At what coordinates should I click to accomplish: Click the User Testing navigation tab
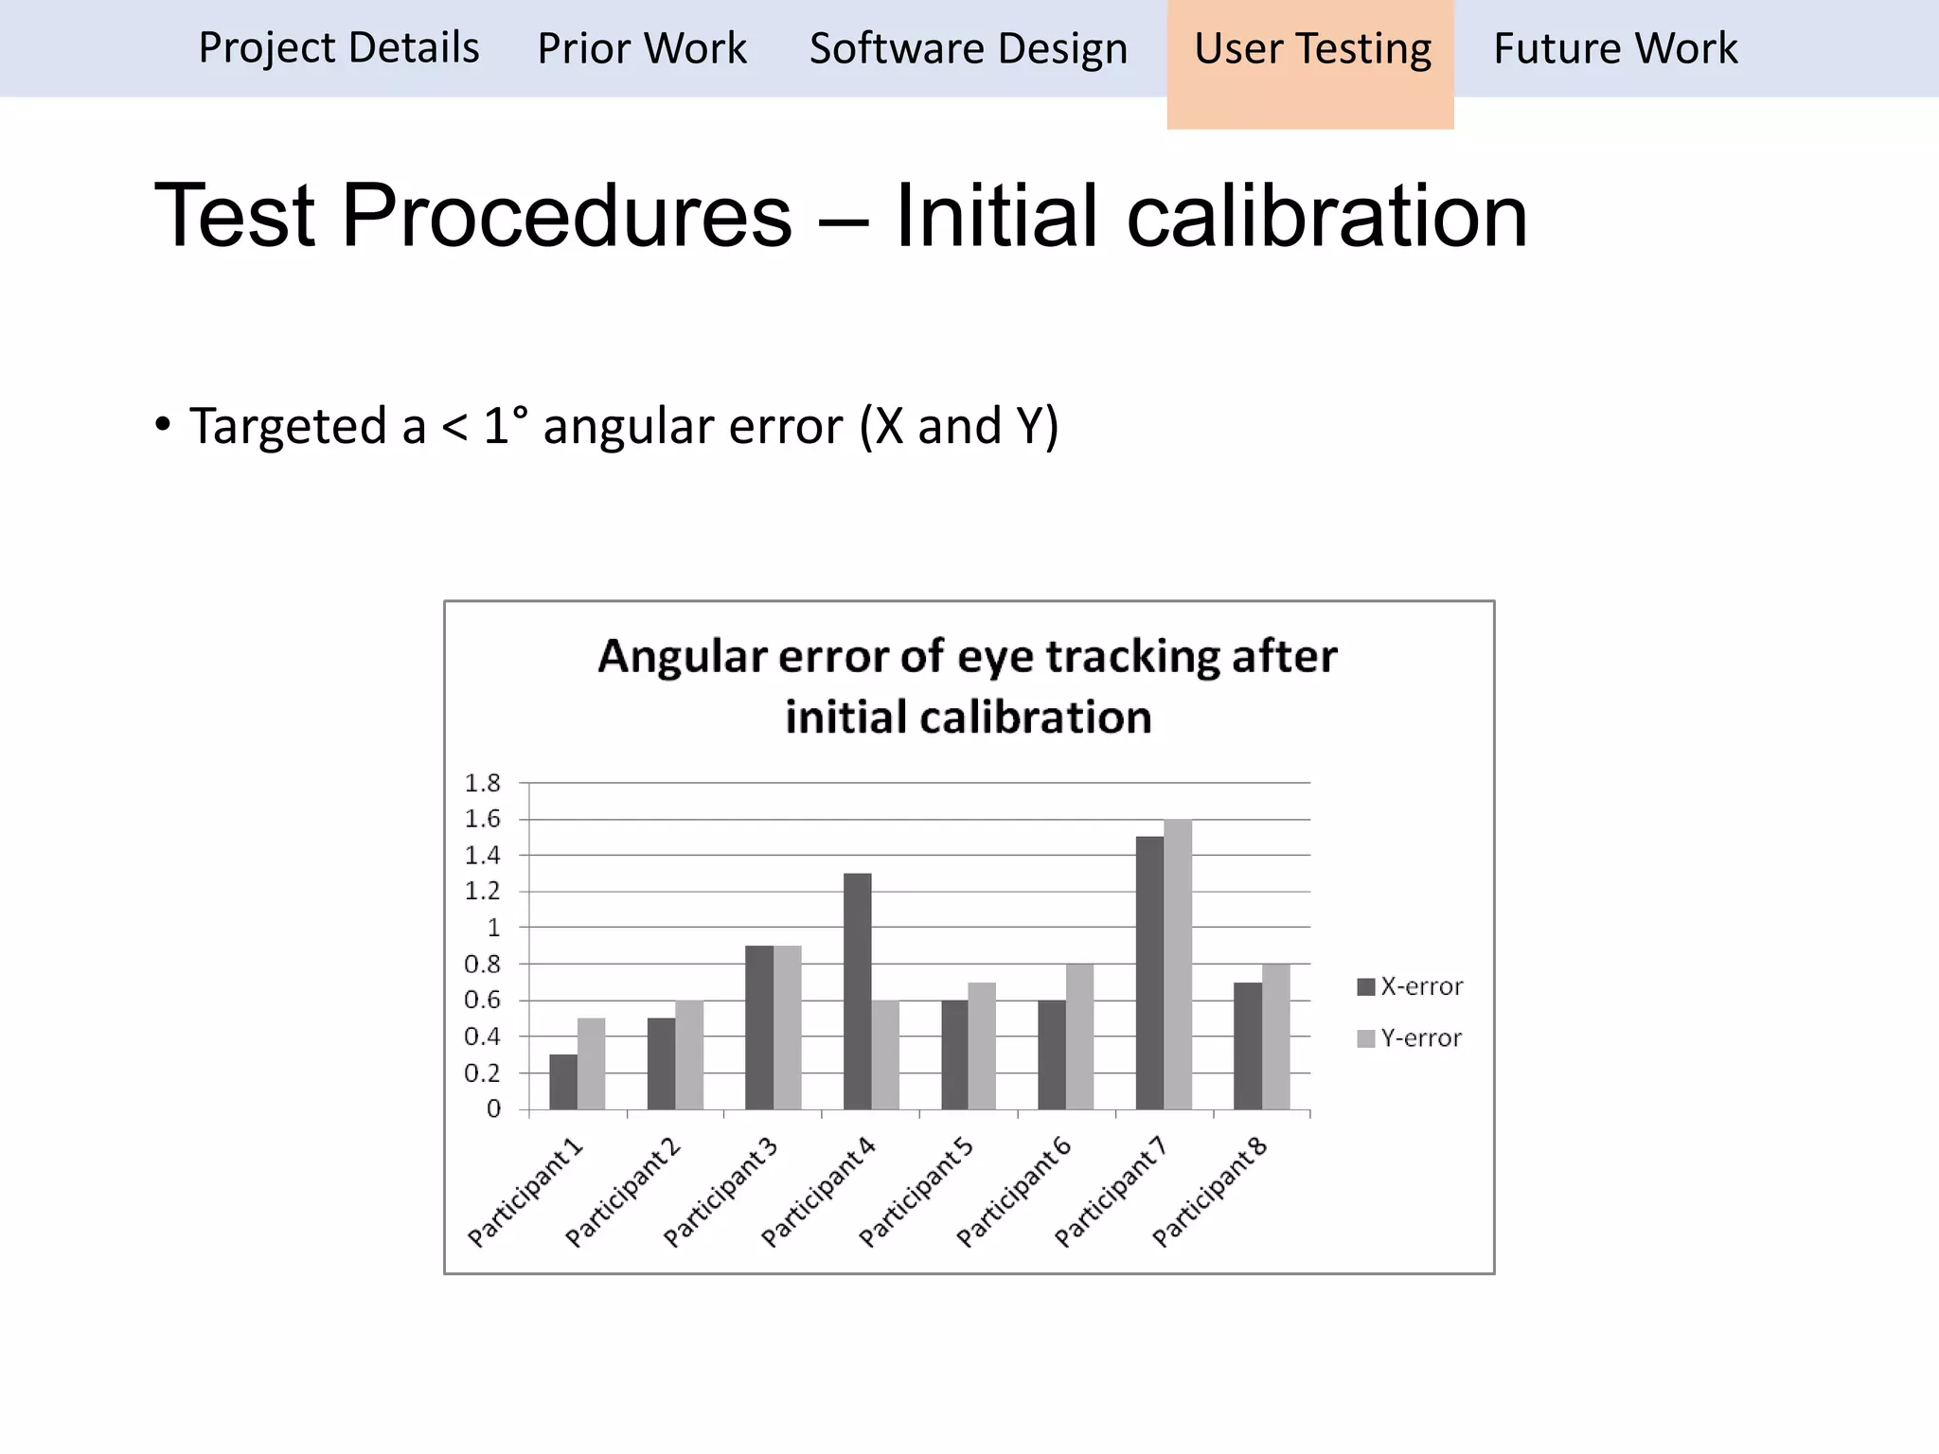pyautogui.click(x=1311, y=49)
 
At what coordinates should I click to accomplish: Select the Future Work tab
pyautogui.click(x=1615, y=49)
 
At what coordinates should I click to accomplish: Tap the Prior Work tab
pyautogui.click(x=642, y=49)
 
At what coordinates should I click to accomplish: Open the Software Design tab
pyautogui.click(x=968, y=49)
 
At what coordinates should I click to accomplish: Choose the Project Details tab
pyautogui.click(x=339, y=49)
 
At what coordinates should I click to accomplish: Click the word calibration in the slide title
pyautogui.click(x=1326, y=216)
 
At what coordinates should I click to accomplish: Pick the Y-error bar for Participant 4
pyautogui.click(x=885, y=1055)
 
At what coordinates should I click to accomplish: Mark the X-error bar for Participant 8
pyautogui.click(x=1247, y=1045)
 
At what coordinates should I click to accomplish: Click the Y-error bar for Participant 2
pyautogui.click(x=689, y=1055)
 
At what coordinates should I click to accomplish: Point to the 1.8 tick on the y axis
pyautogui.click(x=482, y=784)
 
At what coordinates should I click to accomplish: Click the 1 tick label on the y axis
pyautogui.click(x=492, y=928)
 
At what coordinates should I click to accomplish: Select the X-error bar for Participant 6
pyautogui.click(x=1051, y=1055)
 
